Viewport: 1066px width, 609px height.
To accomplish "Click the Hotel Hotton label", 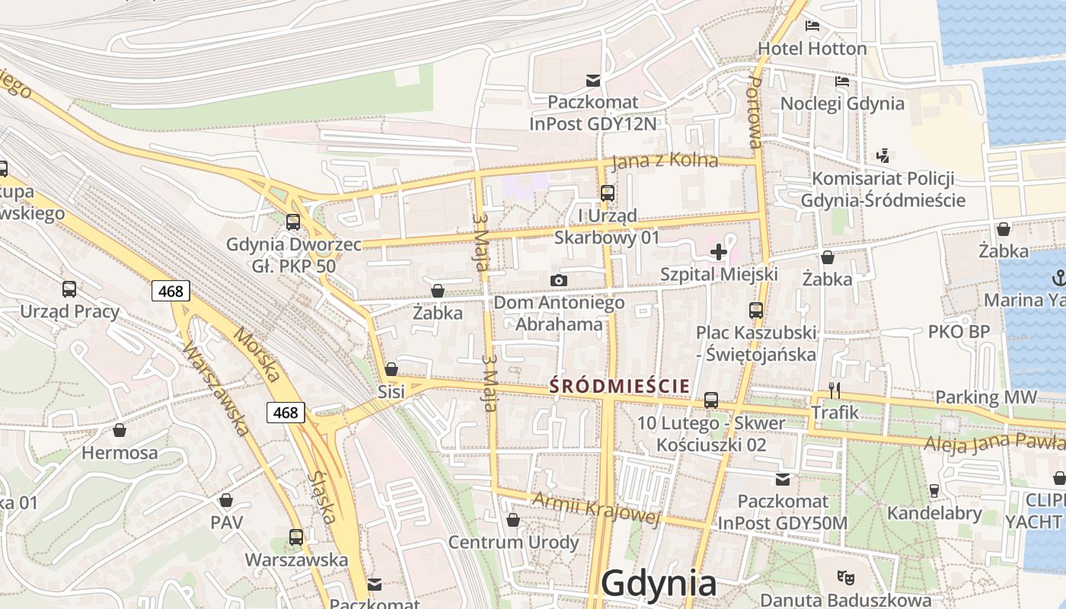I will [812, 49].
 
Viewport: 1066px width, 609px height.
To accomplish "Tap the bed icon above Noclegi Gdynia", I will [842, 81].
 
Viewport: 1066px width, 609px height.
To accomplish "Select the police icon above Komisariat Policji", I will [882, 156].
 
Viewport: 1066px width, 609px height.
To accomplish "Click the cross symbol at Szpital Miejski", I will [718, 251].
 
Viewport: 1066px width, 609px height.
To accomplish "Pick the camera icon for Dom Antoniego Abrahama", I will [558, 280].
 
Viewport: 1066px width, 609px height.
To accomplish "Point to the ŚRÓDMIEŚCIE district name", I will [619, 386].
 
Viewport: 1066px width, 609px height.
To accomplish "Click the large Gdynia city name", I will [659, 583].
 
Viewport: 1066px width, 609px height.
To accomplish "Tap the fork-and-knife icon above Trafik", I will [835, 391].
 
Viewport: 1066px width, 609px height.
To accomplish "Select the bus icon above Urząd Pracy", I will [69, 289].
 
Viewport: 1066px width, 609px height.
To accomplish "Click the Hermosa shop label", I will [120, 453].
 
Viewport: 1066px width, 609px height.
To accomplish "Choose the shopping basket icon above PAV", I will [226, 500].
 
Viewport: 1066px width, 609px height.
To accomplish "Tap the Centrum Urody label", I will [513, 542].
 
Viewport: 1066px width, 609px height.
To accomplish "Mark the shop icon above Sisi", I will [391, 369].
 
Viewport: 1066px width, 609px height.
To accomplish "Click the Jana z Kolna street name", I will [665, 161].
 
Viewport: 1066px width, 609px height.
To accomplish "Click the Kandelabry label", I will [934, 513].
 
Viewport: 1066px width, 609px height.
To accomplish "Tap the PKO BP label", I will [959, 332].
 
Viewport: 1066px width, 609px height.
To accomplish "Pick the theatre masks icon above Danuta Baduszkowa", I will [843, 576].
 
